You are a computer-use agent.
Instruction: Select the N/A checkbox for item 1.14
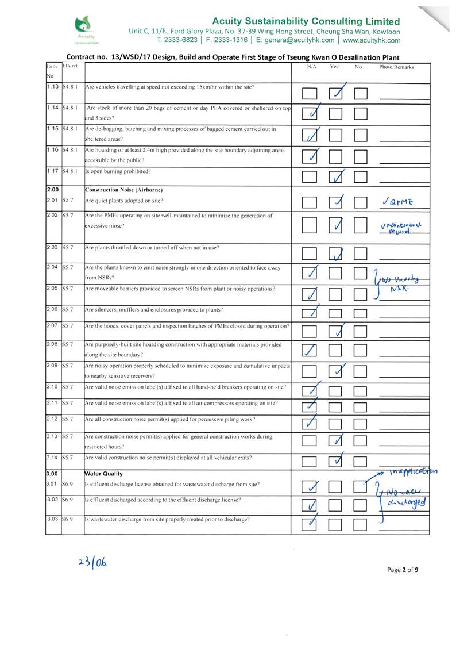[x=310, y=113]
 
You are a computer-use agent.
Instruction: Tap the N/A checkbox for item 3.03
[x=310, y=524]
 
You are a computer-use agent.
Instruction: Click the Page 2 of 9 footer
[x=403, y=570]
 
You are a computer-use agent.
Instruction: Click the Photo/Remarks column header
[x=396, y=67]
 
